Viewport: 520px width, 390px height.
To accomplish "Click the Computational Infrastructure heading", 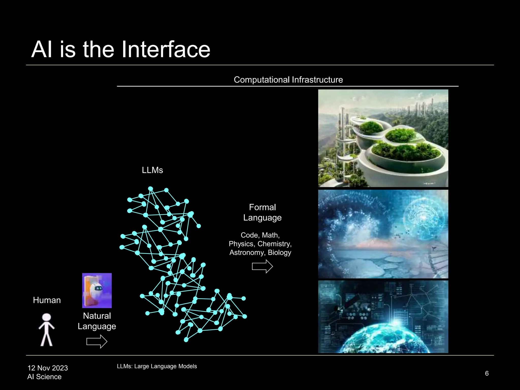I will pos(288,80).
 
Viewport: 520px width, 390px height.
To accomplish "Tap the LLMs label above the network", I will pos(152,170).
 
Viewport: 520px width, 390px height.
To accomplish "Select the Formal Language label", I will pos(262,213).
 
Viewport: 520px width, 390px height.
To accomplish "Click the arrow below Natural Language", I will pos(97,341).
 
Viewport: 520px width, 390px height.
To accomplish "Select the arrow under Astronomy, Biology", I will pos(262,266).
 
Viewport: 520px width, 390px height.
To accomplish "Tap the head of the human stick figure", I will pos(46,317).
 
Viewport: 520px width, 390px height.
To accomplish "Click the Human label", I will pos(47,300).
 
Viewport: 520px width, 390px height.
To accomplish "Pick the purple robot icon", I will pos(97,290).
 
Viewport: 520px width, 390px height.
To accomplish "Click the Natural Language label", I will pos(97,321).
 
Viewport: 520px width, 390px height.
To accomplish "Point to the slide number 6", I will pos(487,373).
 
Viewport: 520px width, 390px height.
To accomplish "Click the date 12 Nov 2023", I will pos(48,368).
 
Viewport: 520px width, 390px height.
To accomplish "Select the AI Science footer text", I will pos(44,377).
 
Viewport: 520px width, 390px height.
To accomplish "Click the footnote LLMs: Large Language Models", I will pos(157,366).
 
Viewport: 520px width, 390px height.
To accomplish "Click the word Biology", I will pos(279,252).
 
